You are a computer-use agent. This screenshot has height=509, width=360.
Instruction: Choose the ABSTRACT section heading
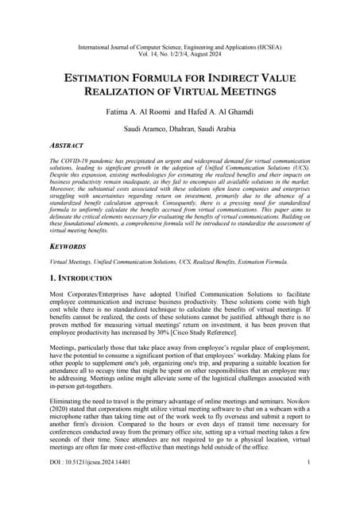pos(66,146)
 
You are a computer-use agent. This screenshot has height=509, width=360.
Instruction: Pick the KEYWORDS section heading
pos(69,247)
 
